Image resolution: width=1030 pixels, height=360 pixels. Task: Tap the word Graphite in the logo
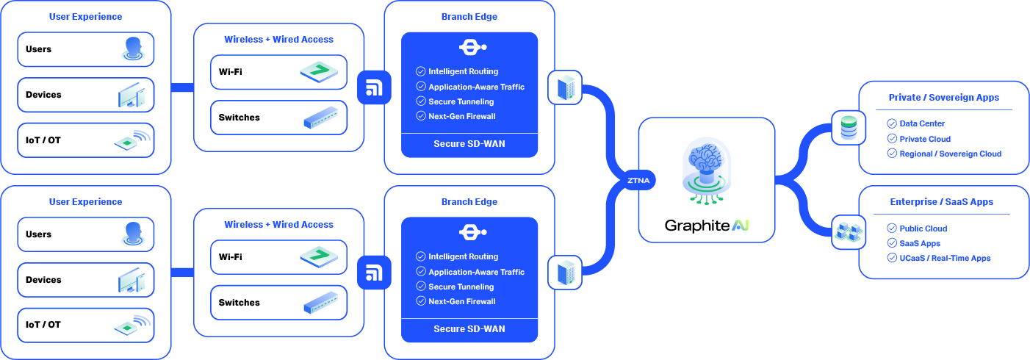[x=697, y=226]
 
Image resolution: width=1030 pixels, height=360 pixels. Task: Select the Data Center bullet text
[x=922, y=123]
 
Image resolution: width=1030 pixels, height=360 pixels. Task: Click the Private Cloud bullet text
[x=925, y=139]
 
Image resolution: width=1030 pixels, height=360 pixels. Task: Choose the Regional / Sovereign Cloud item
[x=950, y=154]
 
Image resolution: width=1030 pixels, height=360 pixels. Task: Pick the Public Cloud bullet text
[x=923, y=228]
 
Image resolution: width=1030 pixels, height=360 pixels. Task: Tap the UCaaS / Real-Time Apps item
[x=945, y=258]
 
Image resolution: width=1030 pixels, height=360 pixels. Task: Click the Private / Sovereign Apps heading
[x=943, y=97]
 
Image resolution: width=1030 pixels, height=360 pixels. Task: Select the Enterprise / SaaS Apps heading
[x=941, y=201]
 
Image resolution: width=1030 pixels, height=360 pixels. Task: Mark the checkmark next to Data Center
[x=892, y=123]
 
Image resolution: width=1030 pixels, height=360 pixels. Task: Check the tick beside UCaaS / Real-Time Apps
[x=892, y=258]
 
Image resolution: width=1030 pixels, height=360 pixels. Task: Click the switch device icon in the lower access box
[x=323, y=302]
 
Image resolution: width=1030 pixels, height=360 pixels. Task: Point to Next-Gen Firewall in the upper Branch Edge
[x=461, y=116]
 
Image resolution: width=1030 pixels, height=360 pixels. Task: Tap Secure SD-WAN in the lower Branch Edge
[x=469, y=328]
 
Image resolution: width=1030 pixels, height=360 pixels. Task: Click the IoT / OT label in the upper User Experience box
[x=43, y=140]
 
